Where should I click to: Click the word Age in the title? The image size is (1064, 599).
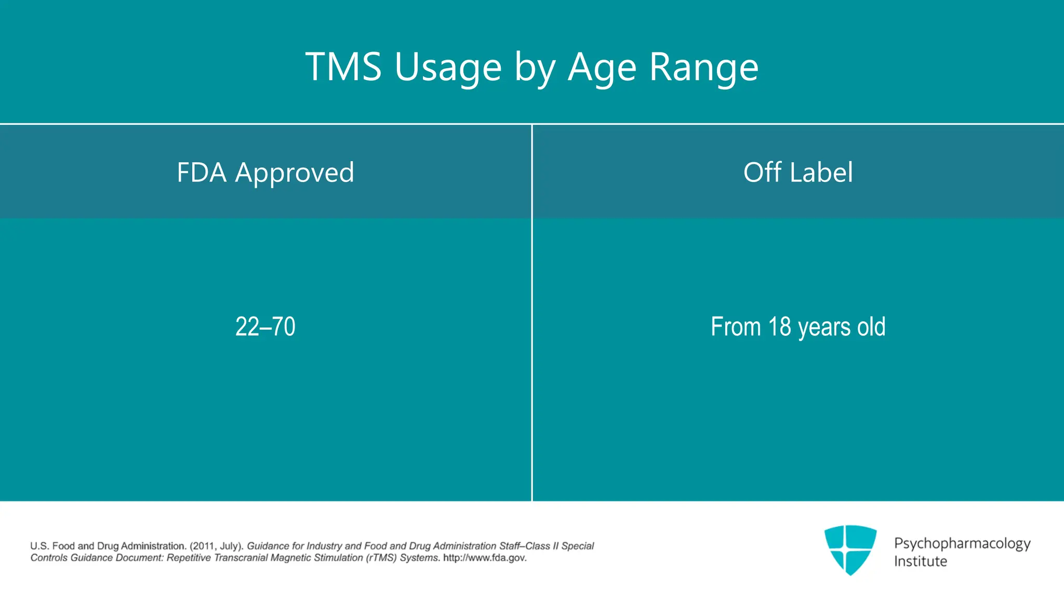602,69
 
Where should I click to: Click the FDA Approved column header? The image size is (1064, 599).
265,172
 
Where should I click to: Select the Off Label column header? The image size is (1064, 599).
797,172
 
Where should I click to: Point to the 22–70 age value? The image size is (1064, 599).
265,327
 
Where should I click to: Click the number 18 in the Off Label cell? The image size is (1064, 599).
779,327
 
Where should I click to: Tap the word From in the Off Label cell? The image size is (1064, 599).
735,327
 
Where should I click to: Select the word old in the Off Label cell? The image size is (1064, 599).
871,327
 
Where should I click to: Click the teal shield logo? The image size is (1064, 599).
850,549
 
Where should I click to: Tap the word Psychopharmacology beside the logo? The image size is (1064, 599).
962,544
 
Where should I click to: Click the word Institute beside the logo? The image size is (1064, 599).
920,562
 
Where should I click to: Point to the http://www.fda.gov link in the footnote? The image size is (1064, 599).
484,558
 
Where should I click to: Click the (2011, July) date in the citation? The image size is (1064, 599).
216,546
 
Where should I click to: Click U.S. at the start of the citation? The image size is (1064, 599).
39,546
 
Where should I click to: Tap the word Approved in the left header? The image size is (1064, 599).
295,173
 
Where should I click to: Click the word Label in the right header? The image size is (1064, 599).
821,172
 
